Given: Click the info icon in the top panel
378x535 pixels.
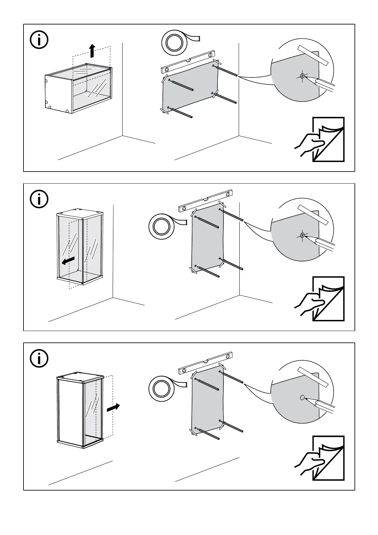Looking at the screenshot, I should (x=39, y=40).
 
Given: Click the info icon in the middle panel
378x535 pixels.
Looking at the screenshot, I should (x=39, y=199).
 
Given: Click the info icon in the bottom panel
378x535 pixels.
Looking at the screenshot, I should (x=39, y=358).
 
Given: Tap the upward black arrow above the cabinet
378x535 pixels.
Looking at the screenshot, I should (x=92, y=51).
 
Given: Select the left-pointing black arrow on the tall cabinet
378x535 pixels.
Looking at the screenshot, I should (x=68, y=261).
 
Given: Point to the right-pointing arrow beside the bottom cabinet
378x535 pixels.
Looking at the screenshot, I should (x=113, y=408).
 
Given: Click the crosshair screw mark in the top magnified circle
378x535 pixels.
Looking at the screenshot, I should (x=302, y=76).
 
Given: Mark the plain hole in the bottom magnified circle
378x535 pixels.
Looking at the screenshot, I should (x=302, y=397).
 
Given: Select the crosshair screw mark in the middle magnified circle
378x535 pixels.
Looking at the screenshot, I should (x=302, y=235).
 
